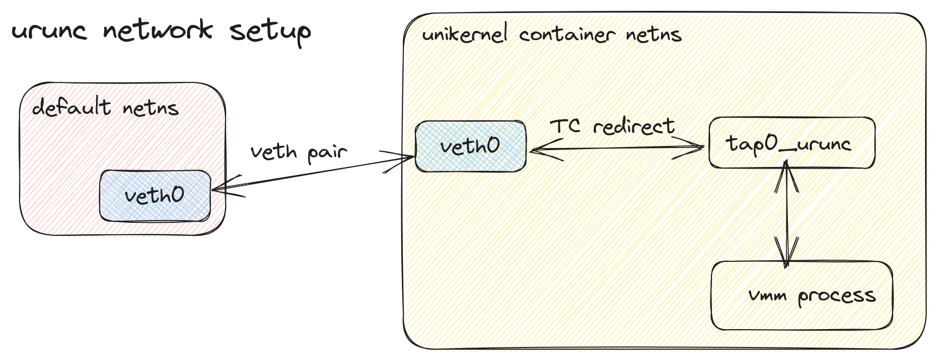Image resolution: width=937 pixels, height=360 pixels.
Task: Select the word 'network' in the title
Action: (x=157, y=30)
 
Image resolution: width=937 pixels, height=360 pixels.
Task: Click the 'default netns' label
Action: (x=105, y=107)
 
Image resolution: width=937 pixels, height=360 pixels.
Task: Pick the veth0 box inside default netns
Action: (x=155, y=196)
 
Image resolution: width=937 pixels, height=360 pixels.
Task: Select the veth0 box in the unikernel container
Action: (x=470, y=146)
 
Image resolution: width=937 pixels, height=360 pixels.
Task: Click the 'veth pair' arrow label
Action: (x=298, y=152)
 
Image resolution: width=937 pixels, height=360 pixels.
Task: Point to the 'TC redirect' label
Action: (x=612, y=126)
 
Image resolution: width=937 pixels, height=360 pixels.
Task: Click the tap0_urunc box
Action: (x=791, y=143)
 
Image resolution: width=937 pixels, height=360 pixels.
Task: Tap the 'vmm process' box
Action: (x=801, y=295)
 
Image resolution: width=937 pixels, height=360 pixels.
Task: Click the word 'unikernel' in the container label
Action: (x=465, y=35)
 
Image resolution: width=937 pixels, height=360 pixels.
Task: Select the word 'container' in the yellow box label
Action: (x=567, y=35)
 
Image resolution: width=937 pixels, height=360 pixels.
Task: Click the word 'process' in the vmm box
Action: (x=836, y=296)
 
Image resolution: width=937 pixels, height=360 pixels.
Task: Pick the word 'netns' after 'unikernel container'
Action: (x=653, y=35)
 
